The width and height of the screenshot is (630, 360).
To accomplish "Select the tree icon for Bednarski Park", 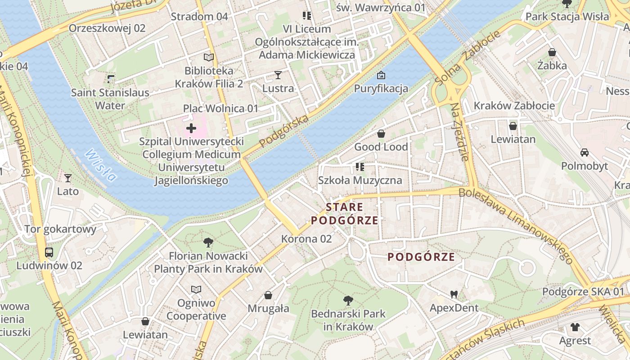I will (x=348, y=300).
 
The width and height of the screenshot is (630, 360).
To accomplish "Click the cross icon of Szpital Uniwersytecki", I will (x=191, y=128).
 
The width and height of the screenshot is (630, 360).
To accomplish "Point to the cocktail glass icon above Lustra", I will (x=278, y=75).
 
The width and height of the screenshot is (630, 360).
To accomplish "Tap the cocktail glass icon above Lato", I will (x=67, y=178).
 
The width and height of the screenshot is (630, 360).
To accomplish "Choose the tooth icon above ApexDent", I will (x=454, y=295).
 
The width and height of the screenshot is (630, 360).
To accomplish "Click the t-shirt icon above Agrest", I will (x=575, y=327).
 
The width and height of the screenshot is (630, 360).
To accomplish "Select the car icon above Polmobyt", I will (x=584, y=153).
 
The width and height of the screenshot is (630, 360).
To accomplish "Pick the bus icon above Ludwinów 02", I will (x=49, y=252).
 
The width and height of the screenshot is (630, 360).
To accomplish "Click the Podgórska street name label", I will (x=284, y=131).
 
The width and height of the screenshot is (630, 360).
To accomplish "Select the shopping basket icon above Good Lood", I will (x=381, y=134).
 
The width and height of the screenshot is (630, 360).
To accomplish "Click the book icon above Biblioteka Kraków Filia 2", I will (x=209, y=57).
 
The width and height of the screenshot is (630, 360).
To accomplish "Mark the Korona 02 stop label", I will (x=306, y=239).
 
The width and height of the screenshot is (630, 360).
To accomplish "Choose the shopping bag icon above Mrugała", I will (x=268, y=295).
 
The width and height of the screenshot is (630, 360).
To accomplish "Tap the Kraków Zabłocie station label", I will (x=514, y=106).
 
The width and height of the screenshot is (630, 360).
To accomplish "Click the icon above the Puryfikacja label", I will (x=381, y=75).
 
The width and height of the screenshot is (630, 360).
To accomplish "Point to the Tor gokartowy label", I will (x=60, y=229).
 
